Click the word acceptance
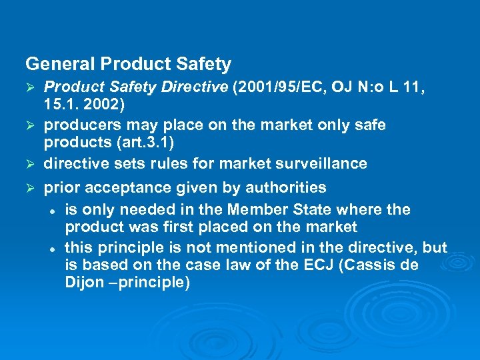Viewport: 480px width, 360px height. click(127, 188)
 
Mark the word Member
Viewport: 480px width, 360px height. click(259, 209)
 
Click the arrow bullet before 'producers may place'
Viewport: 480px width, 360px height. click(30, 126)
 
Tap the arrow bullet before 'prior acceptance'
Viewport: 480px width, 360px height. click(30, 189)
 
